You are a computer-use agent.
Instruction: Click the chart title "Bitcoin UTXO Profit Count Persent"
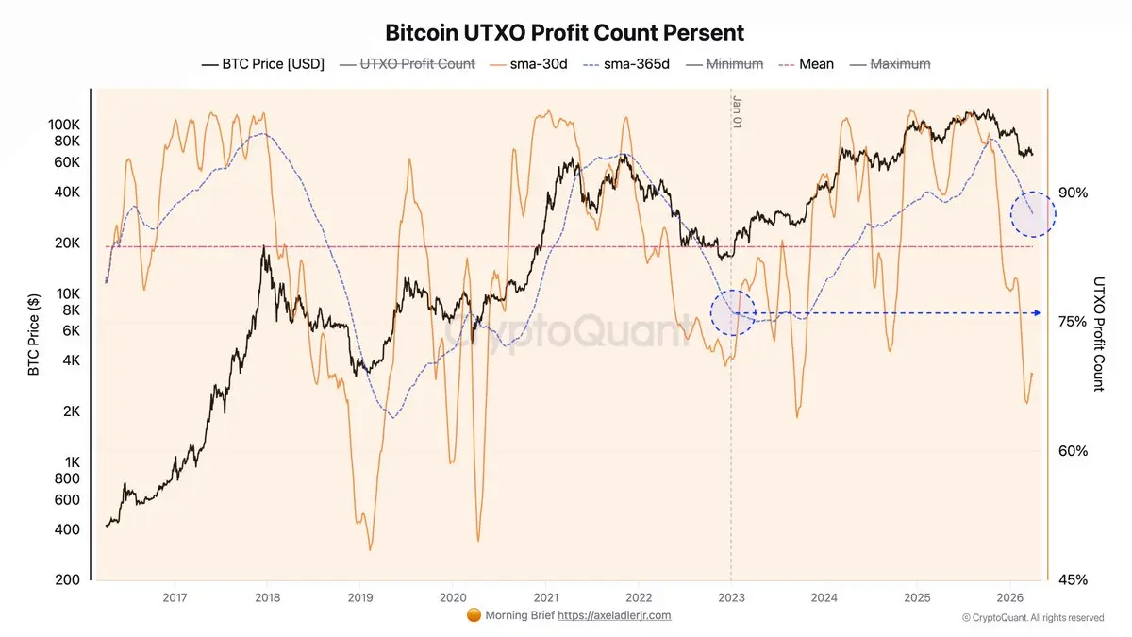pos(564,33)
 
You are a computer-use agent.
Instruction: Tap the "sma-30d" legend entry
pos(539,64)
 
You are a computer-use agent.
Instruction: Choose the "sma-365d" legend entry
pos(634,64)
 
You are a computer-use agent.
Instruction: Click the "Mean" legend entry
pos(816,64)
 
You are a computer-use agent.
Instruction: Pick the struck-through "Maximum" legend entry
pos(899,64)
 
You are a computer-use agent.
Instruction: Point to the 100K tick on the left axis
pos(64,125)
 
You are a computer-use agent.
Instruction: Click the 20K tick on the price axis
pos(67,243)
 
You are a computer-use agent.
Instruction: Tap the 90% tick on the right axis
pos(1074,193)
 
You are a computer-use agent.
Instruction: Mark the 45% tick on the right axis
pos(1074,579)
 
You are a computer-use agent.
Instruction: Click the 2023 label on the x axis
pos(731,596)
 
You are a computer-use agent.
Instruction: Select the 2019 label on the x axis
pos(359,596)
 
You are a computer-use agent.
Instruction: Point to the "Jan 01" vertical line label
pos(738,110)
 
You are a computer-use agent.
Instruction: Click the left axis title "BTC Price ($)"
pos(34,335)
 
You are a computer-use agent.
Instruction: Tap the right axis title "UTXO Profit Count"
pos(1098,334)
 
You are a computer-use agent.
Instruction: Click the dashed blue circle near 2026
pos(1033,214)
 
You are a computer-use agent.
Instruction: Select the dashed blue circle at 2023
pos(733,313)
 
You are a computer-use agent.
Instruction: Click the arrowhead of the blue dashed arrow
pos(1038,312)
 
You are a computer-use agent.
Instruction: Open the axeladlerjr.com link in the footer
pos(614,615)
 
